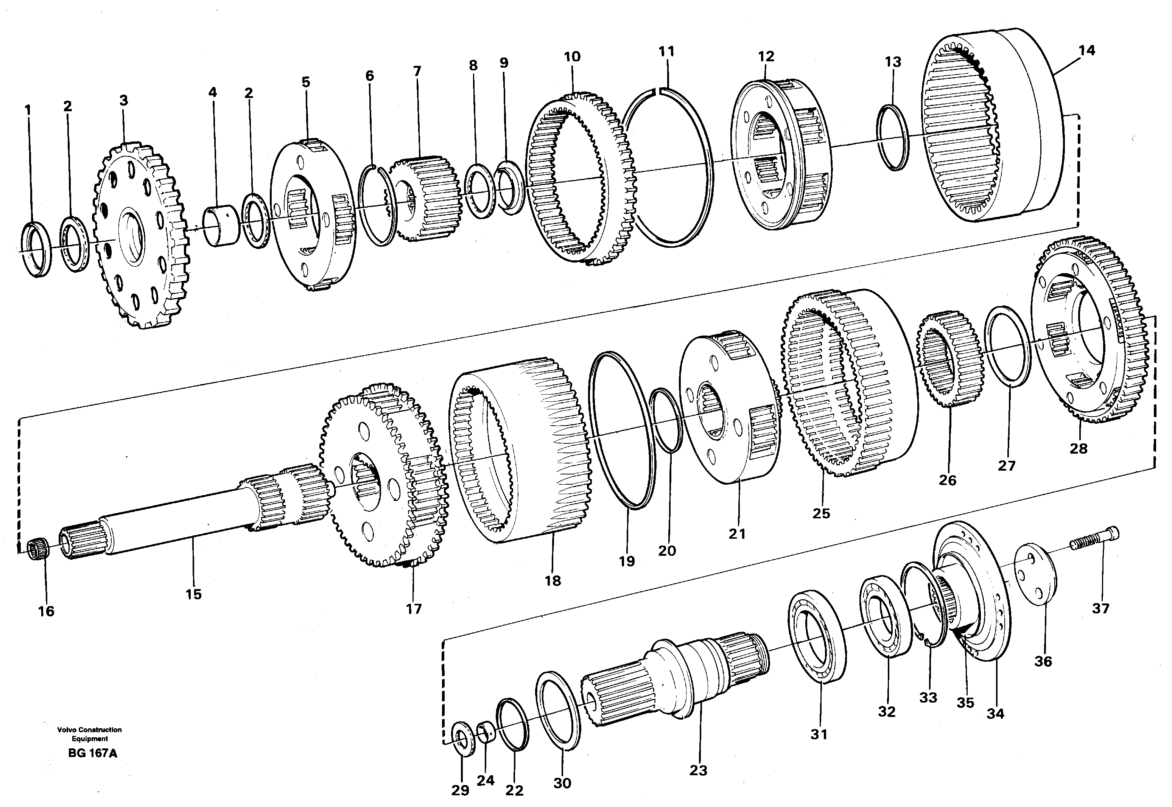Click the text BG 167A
[92, 753]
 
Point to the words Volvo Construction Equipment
[89, 734]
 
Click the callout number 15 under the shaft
[193, 594]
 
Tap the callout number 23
[698, 770]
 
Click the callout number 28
[1078, 448]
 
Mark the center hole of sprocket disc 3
[132, 236]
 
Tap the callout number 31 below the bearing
[819, 734]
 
